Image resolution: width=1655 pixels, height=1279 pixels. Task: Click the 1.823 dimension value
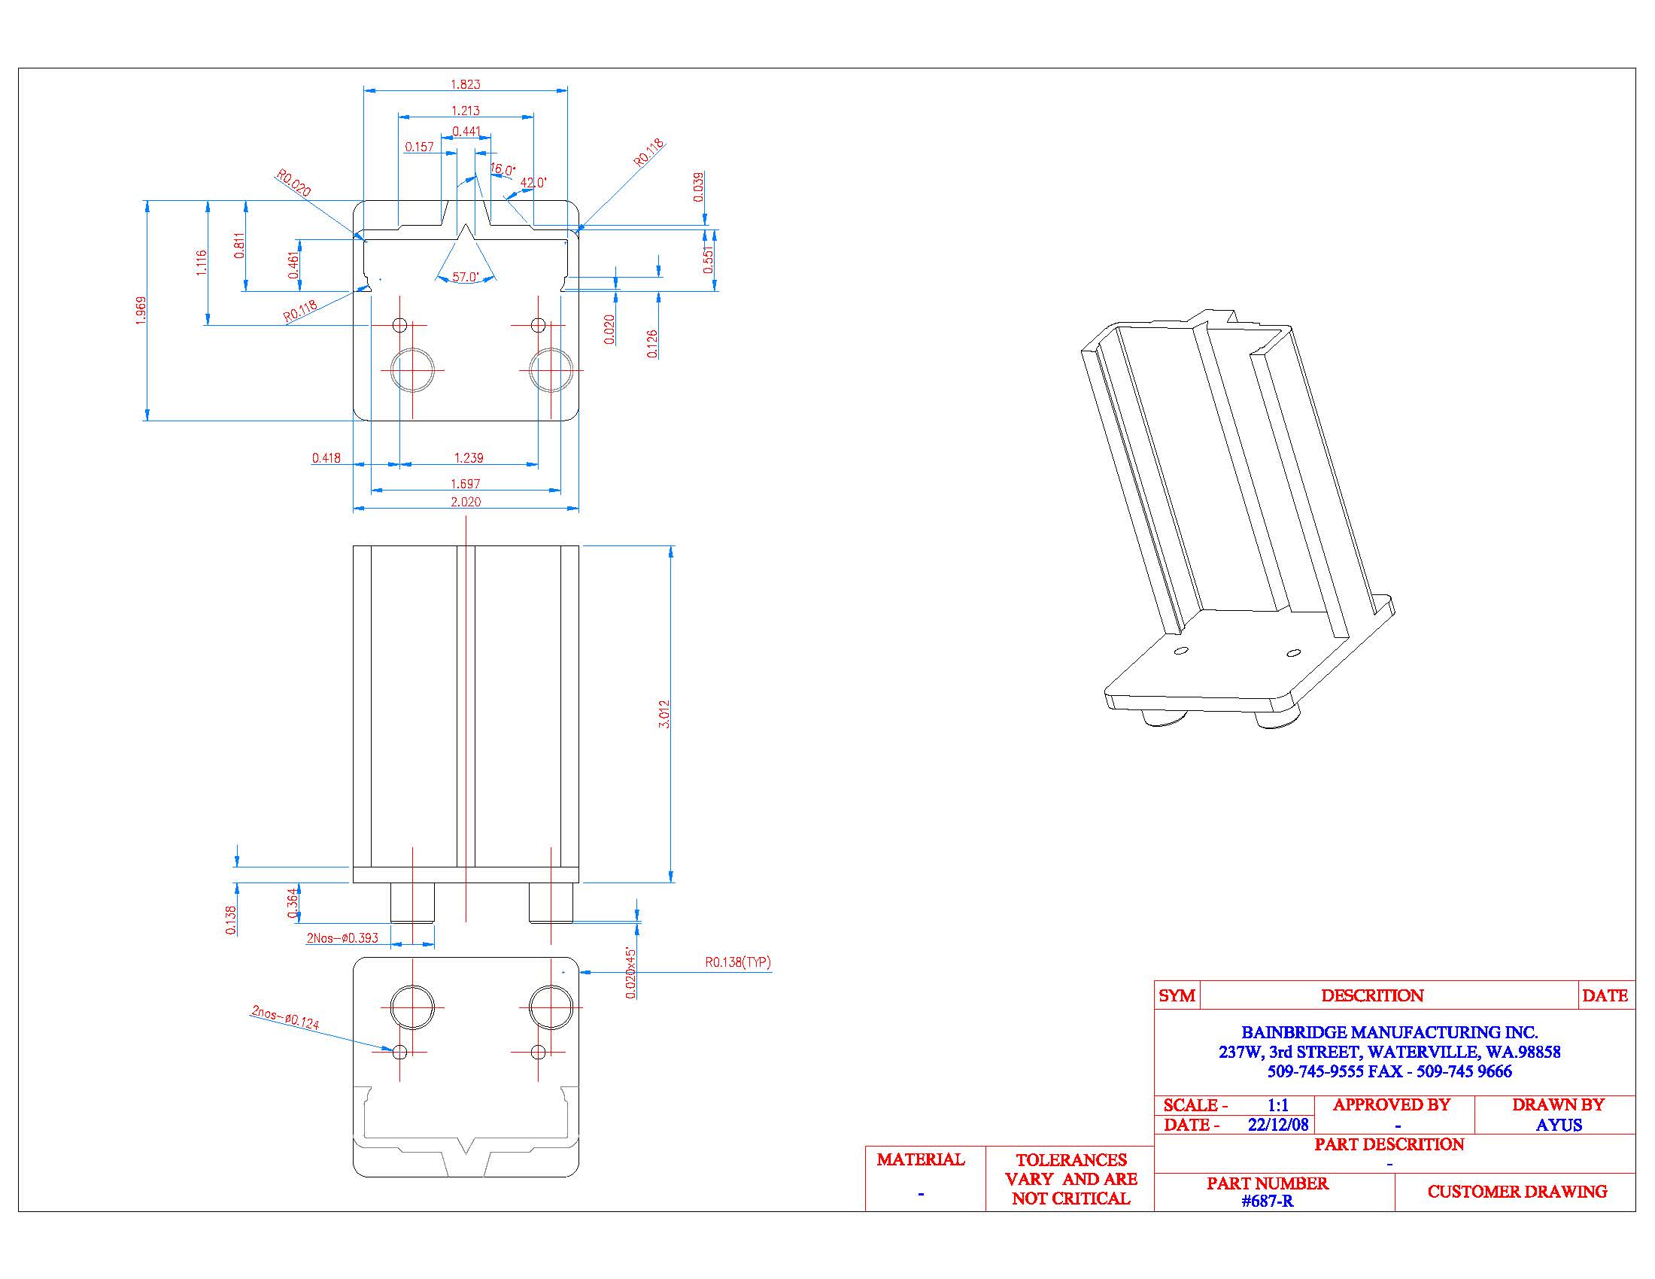465,84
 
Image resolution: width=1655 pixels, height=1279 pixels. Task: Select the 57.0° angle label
465,278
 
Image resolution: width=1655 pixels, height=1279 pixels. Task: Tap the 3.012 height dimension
664,714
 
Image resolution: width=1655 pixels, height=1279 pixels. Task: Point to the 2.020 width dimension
465,502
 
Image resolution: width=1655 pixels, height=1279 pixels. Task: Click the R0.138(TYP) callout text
737,962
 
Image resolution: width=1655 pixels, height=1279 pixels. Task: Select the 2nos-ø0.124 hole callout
286,1018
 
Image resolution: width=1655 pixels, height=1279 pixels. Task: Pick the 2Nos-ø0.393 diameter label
342,938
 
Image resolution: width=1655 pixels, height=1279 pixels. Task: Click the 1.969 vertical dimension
141,311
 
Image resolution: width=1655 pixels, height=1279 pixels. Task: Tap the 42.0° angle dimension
533,183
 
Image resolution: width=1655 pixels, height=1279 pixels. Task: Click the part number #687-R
1267,1201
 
